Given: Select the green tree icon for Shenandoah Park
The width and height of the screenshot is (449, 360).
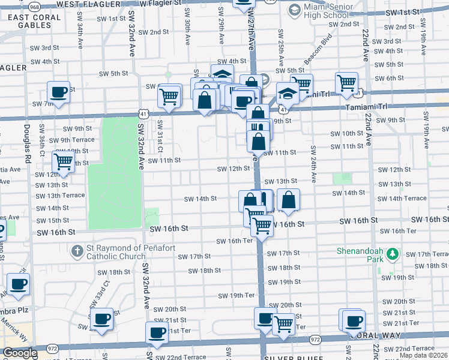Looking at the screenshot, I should click(393, 254).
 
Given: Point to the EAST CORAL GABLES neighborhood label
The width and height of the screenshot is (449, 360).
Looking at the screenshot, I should click(34, 21).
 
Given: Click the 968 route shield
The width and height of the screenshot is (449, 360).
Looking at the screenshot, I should click(34, 7).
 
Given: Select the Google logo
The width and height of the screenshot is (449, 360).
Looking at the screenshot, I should click(19, 353).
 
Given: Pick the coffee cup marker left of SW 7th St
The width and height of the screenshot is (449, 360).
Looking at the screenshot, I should click(58, 92).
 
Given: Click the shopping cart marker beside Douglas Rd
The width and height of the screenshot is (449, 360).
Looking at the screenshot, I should click(63, 161).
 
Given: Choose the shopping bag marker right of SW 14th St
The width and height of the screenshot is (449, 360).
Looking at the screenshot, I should click(288, 201).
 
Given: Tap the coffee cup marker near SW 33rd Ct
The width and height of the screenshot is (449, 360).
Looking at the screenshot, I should click(102, 319).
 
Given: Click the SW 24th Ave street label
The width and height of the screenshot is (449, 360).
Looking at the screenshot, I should click(314, 163).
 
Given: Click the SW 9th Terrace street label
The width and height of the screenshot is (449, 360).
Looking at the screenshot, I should click(71, 140).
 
